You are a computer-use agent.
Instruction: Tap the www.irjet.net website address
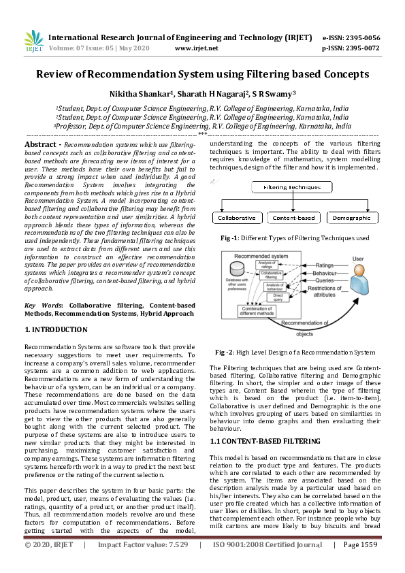click(196, 48)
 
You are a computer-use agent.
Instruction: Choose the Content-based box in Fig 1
click(293, 218)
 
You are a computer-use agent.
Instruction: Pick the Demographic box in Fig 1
click(352, 218)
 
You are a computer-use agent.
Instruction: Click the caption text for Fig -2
click(295, 353)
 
